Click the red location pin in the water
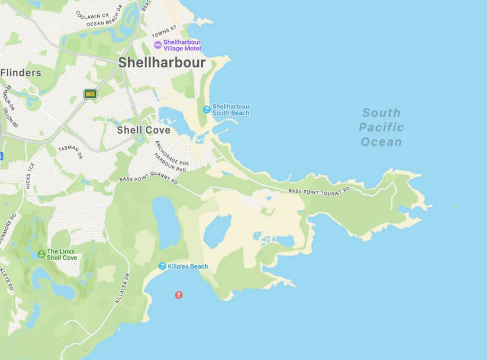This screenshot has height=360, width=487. pos(178,294)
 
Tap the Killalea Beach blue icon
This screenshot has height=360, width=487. pos(162,266)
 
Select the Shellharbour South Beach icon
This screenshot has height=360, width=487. pos(206,109)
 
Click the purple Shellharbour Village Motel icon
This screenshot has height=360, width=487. pos(158,45)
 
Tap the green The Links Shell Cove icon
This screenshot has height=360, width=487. pos(41,254)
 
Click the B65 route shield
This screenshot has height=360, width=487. pos(90,94)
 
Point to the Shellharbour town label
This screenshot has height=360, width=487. pos(162,63)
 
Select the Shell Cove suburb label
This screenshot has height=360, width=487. pos(143,130)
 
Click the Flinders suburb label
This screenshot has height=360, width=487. pos(21,73)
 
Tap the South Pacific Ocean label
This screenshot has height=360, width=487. pos(381,127)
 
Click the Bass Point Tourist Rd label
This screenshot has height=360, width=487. pos(319,191)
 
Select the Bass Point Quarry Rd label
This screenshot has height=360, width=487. pos(148,179)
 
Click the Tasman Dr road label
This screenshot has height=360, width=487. pos(70,151)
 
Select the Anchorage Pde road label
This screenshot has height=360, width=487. pos(171,152)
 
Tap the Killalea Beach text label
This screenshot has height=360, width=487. pos(188,266)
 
